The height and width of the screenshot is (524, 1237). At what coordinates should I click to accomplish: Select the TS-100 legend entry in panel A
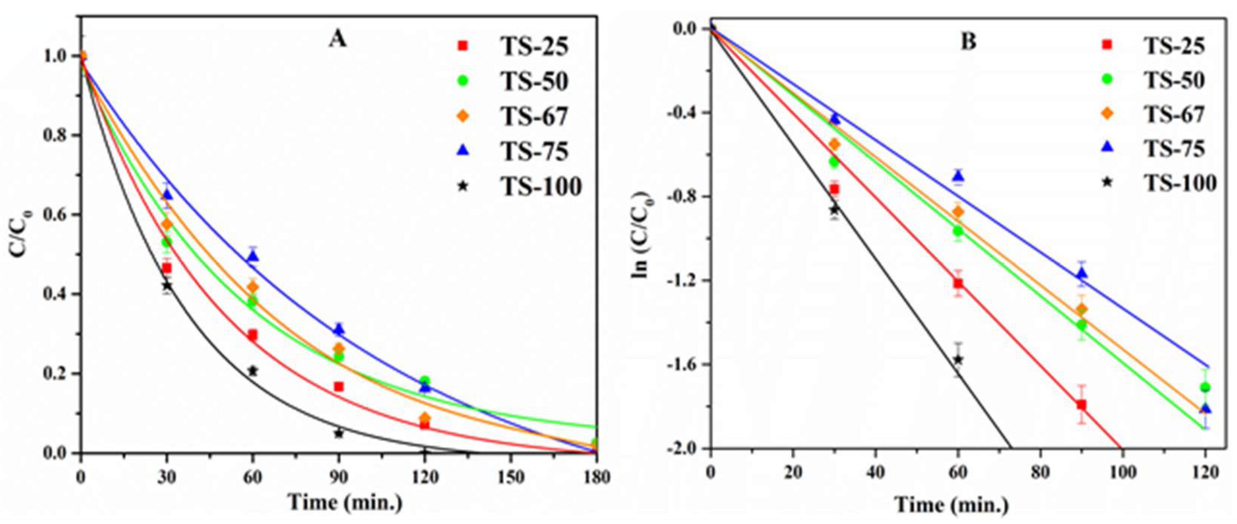point(540,186)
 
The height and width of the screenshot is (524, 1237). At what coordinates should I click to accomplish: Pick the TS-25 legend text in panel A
point(535,47)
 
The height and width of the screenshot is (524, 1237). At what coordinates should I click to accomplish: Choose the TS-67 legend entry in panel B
point(1174,114)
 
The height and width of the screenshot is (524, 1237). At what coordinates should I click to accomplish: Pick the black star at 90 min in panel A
point(338,433)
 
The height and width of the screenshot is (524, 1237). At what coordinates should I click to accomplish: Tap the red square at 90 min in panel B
point(1081,404)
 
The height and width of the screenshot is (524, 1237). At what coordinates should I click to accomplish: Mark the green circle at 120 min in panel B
point(1204,387)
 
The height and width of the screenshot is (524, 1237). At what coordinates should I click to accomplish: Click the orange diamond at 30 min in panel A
point(167,224)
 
